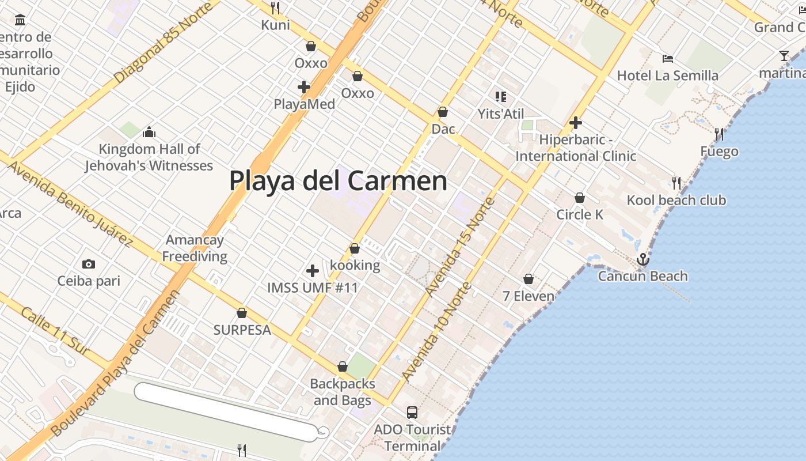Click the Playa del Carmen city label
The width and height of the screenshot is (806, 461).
click(338, 181)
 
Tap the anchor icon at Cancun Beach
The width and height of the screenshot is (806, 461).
click(642, 260)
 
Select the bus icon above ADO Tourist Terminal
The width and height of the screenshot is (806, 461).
click(412, 413)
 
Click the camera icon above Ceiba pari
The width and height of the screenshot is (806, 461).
click(89, 264)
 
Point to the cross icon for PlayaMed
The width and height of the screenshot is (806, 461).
click(304, 88)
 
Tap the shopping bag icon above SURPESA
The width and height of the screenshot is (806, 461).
click(242, 313)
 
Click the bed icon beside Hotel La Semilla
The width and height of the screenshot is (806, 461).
click(668, 58)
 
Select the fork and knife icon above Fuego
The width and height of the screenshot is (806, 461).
click(719, 134)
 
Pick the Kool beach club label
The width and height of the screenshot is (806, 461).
click(676, 201)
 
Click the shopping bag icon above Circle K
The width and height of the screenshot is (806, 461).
click(580, 198)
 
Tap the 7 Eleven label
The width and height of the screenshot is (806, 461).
click(529, 296)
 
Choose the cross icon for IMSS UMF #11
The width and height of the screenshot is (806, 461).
click(313, 271)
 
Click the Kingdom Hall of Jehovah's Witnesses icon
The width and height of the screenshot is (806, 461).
click(149, 132)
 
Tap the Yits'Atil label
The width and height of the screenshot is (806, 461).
click(501, 114)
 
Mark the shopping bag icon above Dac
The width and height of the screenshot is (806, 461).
click(443, 112)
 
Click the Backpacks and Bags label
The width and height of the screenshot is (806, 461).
click(343, 392)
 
